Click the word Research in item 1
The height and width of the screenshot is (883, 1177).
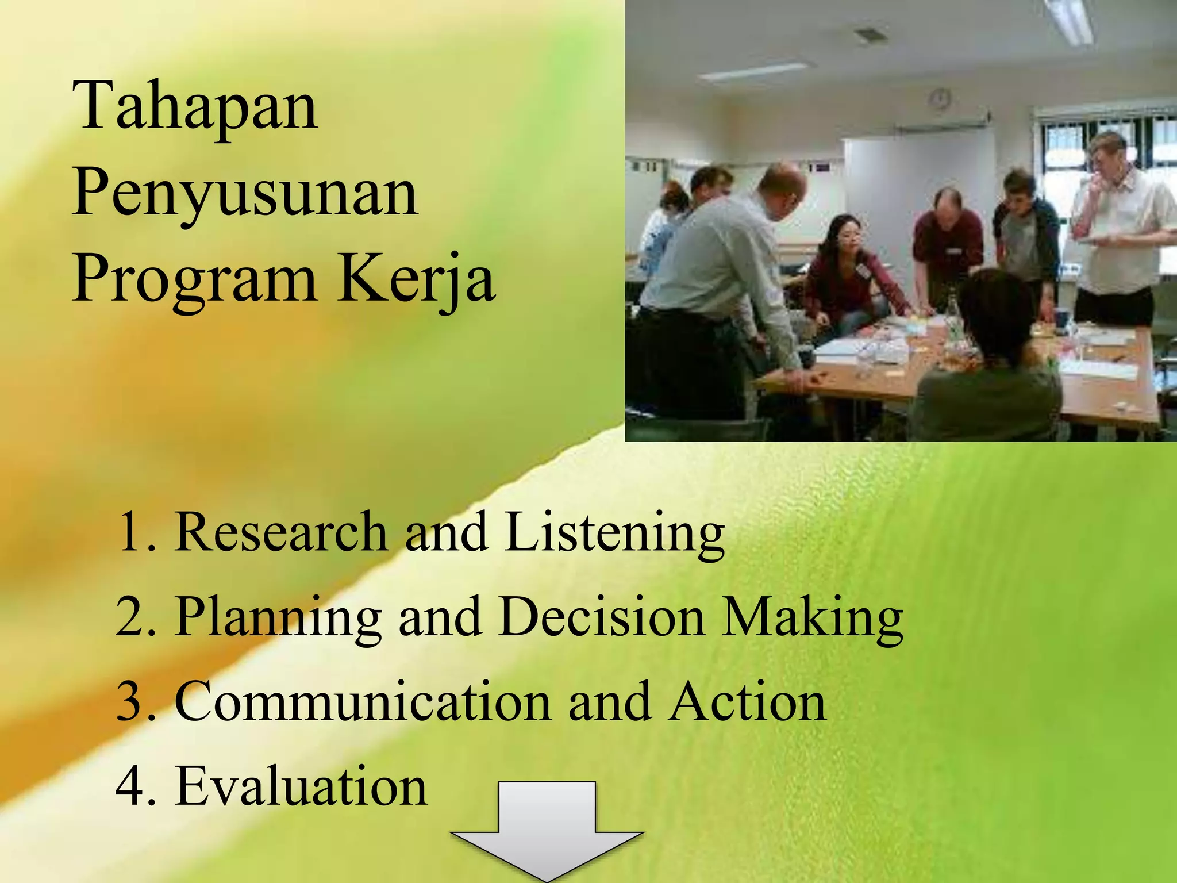tap(281, 532)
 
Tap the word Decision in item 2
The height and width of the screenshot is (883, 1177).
tap(602, 617)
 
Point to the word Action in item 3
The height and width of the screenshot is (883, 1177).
tap(748, 701)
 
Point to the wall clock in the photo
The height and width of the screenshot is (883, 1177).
tap(940, 99)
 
